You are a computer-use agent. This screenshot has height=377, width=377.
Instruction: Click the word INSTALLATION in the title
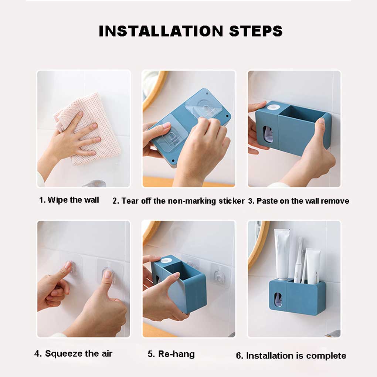click(161, 31)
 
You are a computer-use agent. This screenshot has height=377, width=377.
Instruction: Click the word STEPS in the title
click(256, 31)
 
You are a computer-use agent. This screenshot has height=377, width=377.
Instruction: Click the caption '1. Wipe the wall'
click(69, 200)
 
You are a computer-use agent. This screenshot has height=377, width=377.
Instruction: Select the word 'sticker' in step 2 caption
click(231, 201)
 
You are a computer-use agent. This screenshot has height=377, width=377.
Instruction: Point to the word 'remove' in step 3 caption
click(335, 201)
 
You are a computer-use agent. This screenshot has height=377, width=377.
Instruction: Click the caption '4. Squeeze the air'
click(73, 353)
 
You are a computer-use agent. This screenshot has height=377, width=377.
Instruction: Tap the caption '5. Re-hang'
click(171, 354)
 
